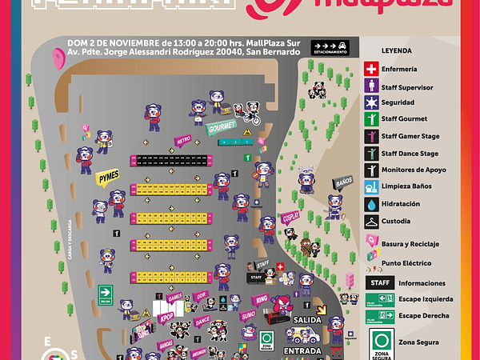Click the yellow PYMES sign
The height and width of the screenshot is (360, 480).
108,178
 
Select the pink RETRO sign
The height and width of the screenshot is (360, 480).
183,141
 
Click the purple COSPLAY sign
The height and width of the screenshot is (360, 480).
290,218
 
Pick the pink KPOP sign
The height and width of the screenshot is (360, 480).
166,317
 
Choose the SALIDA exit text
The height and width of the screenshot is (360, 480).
307,320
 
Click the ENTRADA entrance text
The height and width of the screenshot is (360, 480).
303,350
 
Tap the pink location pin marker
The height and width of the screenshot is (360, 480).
58,59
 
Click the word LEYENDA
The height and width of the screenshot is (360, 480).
396,50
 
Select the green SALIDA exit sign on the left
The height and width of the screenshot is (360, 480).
105,294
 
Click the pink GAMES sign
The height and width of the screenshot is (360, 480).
175,298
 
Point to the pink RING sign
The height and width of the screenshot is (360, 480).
262,299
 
